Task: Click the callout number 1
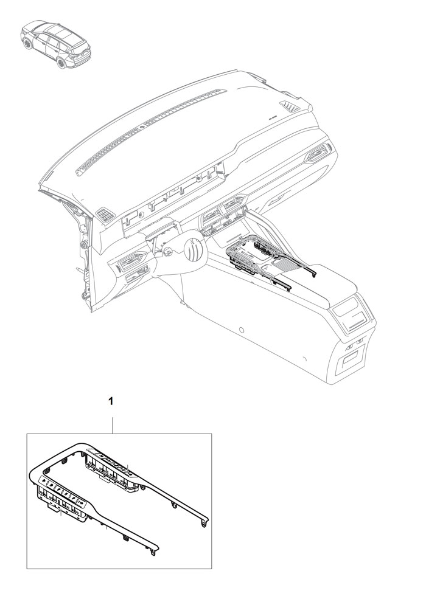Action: [x=111, y=401]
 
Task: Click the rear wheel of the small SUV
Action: [x=61, y=63]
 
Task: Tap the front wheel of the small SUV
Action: [x=27, y=43]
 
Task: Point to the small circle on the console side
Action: [x=241, y=330]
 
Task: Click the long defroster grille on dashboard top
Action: [x=152, y=131]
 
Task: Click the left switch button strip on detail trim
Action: [x=63, y=493]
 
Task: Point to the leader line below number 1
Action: [x=112, y=426]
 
